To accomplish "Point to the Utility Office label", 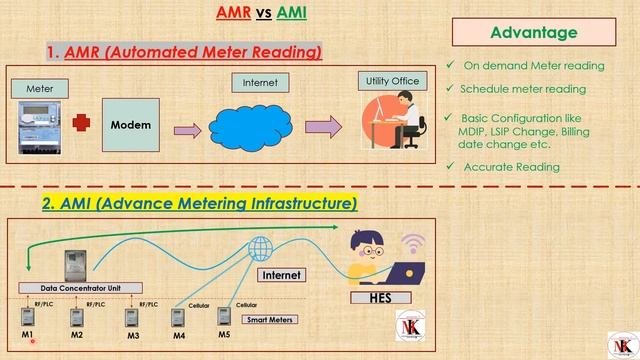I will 393,79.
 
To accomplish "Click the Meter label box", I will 40,89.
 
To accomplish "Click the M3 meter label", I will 132,336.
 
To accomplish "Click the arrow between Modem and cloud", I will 187,129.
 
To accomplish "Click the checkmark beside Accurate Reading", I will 451,166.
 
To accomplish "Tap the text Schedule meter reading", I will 522,89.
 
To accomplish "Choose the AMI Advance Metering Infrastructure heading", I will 198,203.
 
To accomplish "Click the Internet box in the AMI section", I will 281,274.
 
